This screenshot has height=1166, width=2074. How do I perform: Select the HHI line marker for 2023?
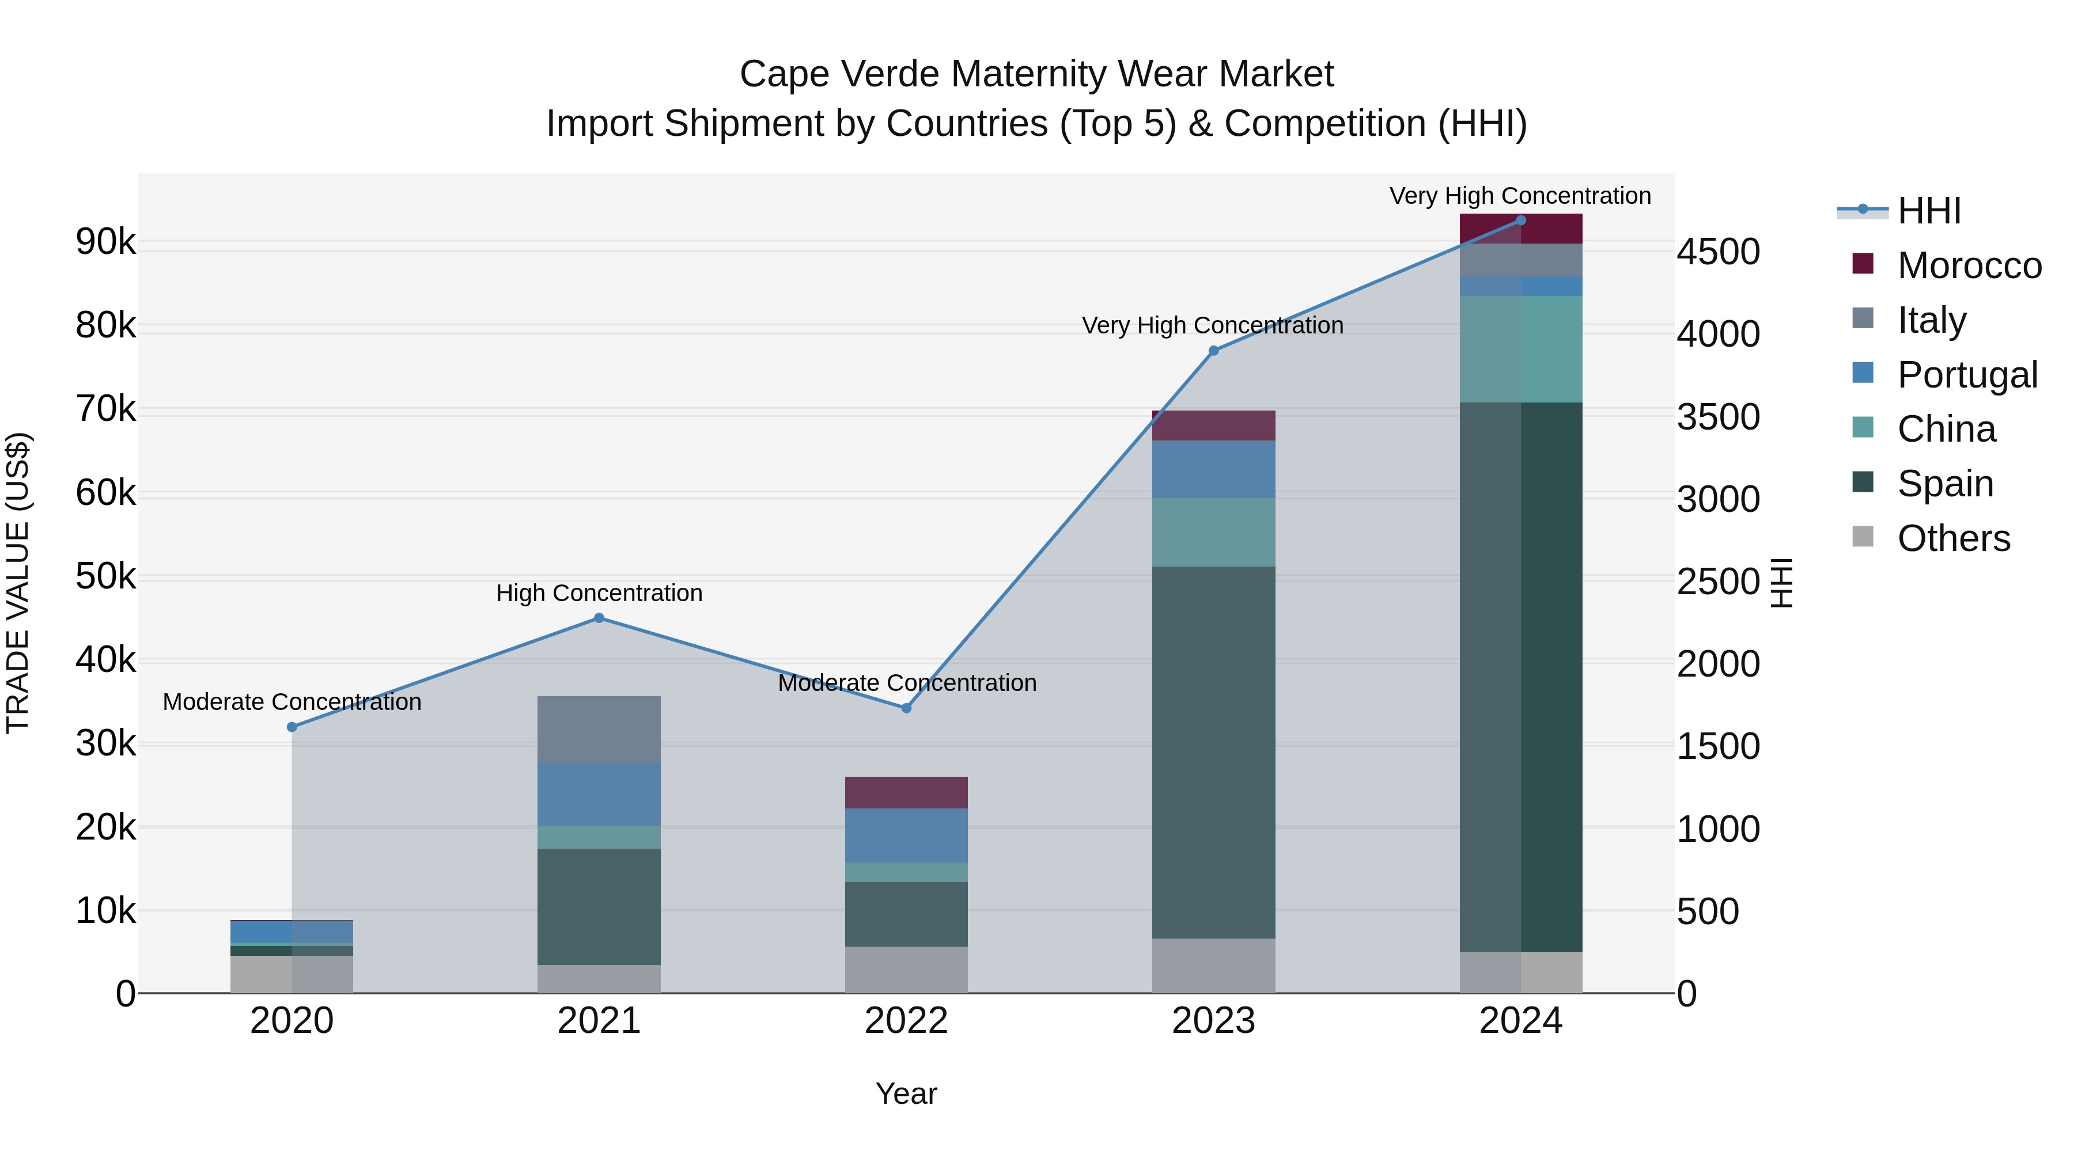(1214, 351)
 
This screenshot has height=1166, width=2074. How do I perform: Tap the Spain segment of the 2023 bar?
(1213, 753)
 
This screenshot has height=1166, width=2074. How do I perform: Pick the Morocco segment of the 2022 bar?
(906, 793)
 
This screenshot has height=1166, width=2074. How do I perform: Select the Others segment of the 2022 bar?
(906, 970)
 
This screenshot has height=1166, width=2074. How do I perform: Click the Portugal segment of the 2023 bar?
(1213, 469)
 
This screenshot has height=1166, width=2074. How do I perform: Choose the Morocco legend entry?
(1968, 265)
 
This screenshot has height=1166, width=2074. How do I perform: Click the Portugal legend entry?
(1966, 375)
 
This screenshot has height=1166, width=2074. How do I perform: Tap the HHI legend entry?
(1928, 211)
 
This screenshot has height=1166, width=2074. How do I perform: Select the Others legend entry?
(1953, 538)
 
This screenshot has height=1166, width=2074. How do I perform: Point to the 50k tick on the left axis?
(105, 577)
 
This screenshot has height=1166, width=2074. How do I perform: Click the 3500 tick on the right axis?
(1718, 417)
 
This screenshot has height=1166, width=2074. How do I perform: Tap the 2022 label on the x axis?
(906, 1021)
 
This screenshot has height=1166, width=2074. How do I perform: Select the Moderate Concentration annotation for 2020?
(292, 702)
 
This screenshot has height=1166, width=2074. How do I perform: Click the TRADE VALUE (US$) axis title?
(18, 583)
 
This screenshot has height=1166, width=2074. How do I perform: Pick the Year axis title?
(906, 1093)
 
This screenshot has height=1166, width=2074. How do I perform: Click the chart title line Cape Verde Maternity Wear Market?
(1036, 74)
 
